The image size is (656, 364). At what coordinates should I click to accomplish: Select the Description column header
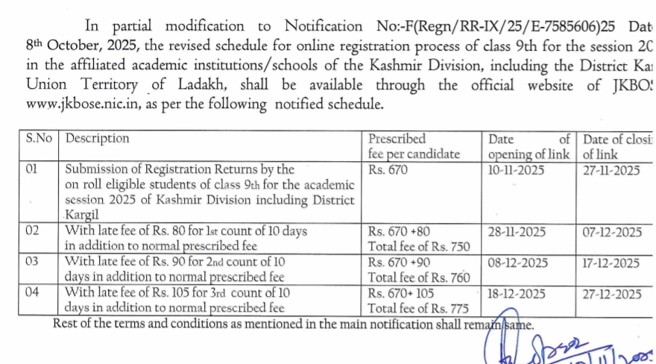tap(97, 139)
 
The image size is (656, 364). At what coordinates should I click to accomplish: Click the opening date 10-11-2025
tap(517, 170)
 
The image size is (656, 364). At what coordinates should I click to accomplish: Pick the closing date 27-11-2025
tap(611, 170)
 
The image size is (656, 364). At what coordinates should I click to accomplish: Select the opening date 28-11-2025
tap(517, 232)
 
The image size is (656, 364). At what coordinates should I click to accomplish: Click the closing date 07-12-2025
tap(611, 232)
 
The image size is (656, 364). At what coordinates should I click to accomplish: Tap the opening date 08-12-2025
tap(517, 263)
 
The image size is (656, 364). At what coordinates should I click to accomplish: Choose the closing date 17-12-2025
tap(611, 263)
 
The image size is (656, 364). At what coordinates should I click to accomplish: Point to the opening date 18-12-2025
tap(517, 294)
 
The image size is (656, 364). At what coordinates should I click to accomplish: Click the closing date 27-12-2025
tap(611, 294)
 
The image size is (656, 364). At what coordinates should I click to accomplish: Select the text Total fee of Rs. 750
tap(419, 247)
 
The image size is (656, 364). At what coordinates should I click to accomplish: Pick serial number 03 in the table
tap(33, 262)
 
